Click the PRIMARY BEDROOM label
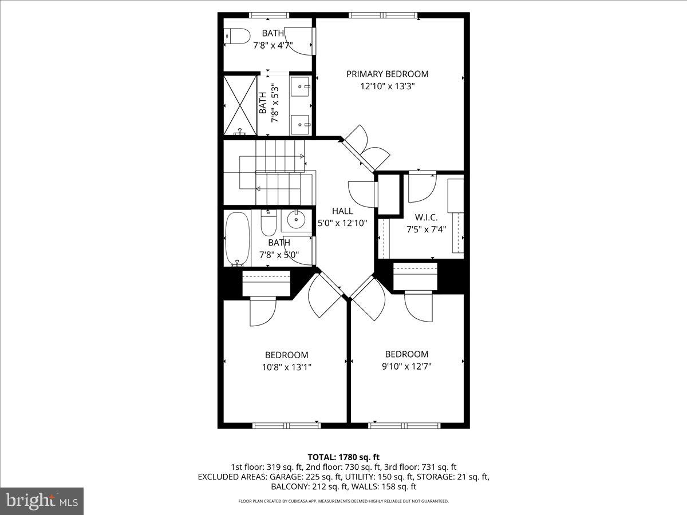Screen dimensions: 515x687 (x=387, y=74)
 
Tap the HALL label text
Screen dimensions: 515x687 (x=342, y=211)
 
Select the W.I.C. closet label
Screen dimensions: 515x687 (x=426, y=217)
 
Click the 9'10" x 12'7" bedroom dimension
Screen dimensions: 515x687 (x=406, y=366)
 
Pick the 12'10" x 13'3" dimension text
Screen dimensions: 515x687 (x=387, y=86)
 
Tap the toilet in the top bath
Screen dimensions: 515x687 (x=237, y=37)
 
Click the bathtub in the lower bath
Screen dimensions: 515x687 (x=237, y=238)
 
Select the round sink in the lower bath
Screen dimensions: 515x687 (x=297, y=218)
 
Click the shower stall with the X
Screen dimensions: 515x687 (x=240, y=104)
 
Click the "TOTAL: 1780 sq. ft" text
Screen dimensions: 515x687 (x=343, y=457)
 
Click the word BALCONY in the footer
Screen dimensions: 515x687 (x=288, y=487)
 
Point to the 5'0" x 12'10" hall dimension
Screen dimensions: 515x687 (x=342, y=223)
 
